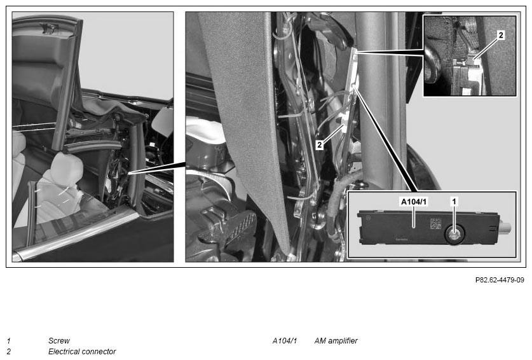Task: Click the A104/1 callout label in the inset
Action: pyautogui.click(x=414, y=202)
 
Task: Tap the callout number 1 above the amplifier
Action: pyautogui.click(x=454, y=202)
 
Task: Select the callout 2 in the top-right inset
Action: pyautogui.click(x=501, y=35)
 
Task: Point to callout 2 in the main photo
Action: pyautogui.click(x=319, y=145)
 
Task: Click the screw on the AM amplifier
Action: pyautogui.click(x=454, y=234)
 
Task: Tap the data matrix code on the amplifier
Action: pyautogui.click(x=435, y=224)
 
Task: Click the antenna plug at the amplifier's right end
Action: pyautogui.click(x=505, y=227)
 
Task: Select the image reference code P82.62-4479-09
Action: pyautogui.click(x=500, y=280)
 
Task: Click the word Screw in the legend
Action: pyautogui.click(x=59, y=341)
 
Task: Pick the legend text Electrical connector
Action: pyautogui.click(x=82, y=352)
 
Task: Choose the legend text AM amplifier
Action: pyautogui.click(x=336, y=341)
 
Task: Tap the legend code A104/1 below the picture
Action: pyautogui.click(x=285, y=341)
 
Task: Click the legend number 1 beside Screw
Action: pyautogui.click(x=8, y=341)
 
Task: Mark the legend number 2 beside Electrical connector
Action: pyautogui.click(x=9, y=352)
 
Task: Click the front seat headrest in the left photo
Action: pyautogui.click(x=67, y=169)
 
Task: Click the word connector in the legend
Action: pyautogui.click(x=100, y=352)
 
